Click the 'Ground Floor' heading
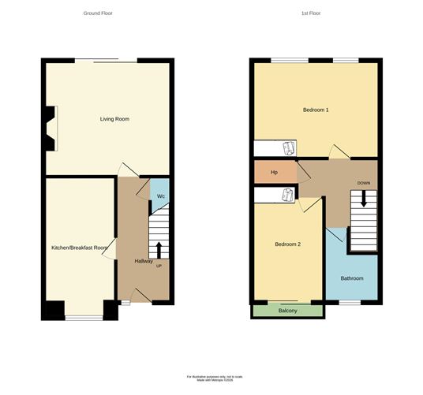(98, 13)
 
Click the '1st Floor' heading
(311, 13)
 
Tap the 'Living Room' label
(114, 119)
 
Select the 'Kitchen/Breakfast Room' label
(79, 248)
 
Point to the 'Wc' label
(160, 196)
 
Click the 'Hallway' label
(144, 261)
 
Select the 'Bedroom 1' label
(316, 110)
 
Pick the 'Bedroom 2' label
(287, 244)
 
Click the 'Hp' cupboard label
(274, 172)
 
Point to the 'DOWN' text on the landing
(364, 183)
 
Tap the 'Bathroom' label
(352, 278)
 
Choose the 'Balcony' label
(288, 311)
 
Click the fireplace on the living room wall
(51, 128)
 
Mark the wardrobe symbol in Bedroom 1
(288, 147)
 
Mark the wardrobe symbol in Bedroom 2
(286, 195)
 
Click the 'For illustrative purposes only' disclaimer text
(211, 376)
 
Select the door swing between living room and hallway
(126, 170)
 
